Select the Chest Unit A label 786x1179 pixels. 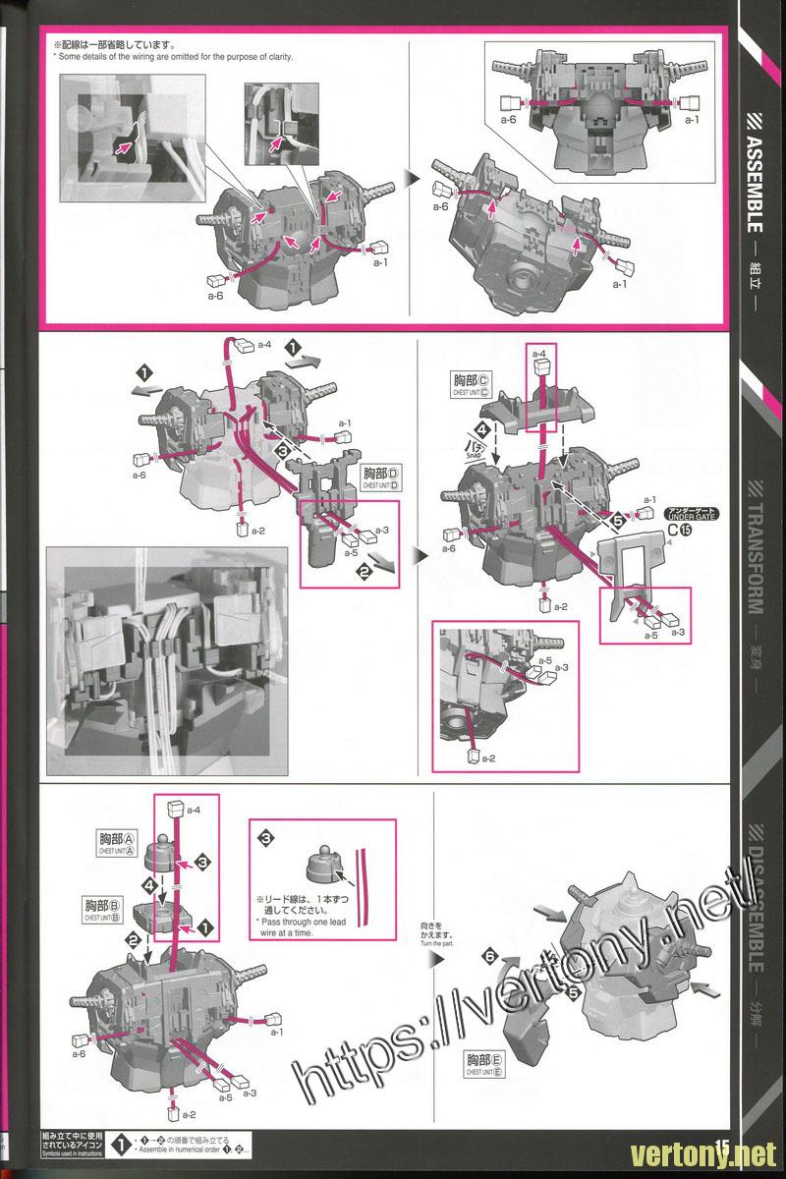tap(117, 842)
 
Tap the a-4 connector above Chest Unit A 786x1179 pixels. tap(178, 808)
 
